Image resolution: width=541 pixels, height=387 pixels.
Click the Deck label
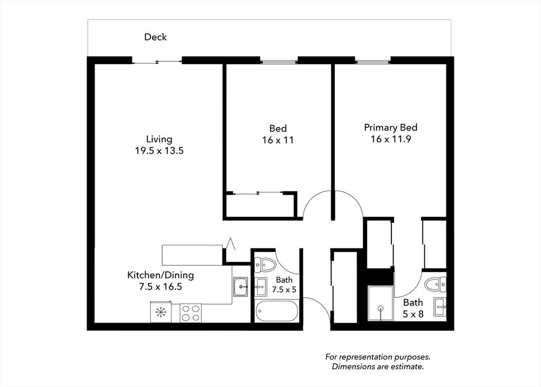point(155,37)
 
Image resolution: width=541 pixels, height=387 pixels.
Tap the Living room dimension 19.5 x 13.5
point(159,151)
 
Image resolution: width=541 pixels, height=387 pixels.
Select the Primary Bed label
point(390,127)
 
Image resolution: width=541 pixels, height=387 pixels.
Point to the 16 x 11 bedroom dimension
point(278,140)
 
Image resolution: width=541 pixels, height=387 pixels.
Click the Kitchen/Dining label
point(161,275)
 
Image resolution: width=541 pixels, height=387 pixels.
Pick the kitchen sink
point(240,287)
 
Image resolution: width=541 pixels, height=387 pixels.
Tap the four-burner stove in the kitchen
point(191,313)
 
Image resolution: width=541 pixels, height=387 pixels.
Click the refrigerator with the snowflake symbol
point(161,312)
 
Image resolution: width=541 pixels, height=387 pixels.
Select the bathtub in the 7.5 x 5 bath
point(277,311)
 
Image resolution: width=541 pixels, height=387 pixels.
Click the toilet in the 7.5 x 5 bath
point(265,265)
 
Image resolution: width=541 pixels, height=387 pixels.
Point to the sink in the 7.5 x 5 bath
point(260,287)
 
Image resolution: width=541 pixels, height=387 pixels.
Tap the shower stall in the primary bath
point(380,303)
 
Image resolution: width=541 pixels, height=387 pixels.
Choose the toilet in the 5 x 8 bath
point(435,285)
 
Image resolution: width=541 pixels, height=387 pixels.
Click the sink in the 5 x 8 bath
point(440,307)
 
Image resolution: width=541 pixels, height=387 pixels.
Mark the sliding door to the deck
point(157,62)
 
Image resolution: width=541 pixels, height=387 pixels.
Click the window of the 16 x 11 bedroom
point(279,62)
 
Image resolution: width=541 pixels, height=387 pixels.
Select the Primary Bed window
point(373,62)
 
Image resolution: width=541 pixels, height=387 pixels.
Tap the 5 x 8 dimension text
point(413,314)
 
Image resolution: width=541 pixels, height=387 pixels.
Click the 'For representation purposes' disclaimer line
point(378,357)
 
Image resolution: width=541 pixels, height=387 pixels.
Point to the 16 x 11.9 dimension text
point(390,139)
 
